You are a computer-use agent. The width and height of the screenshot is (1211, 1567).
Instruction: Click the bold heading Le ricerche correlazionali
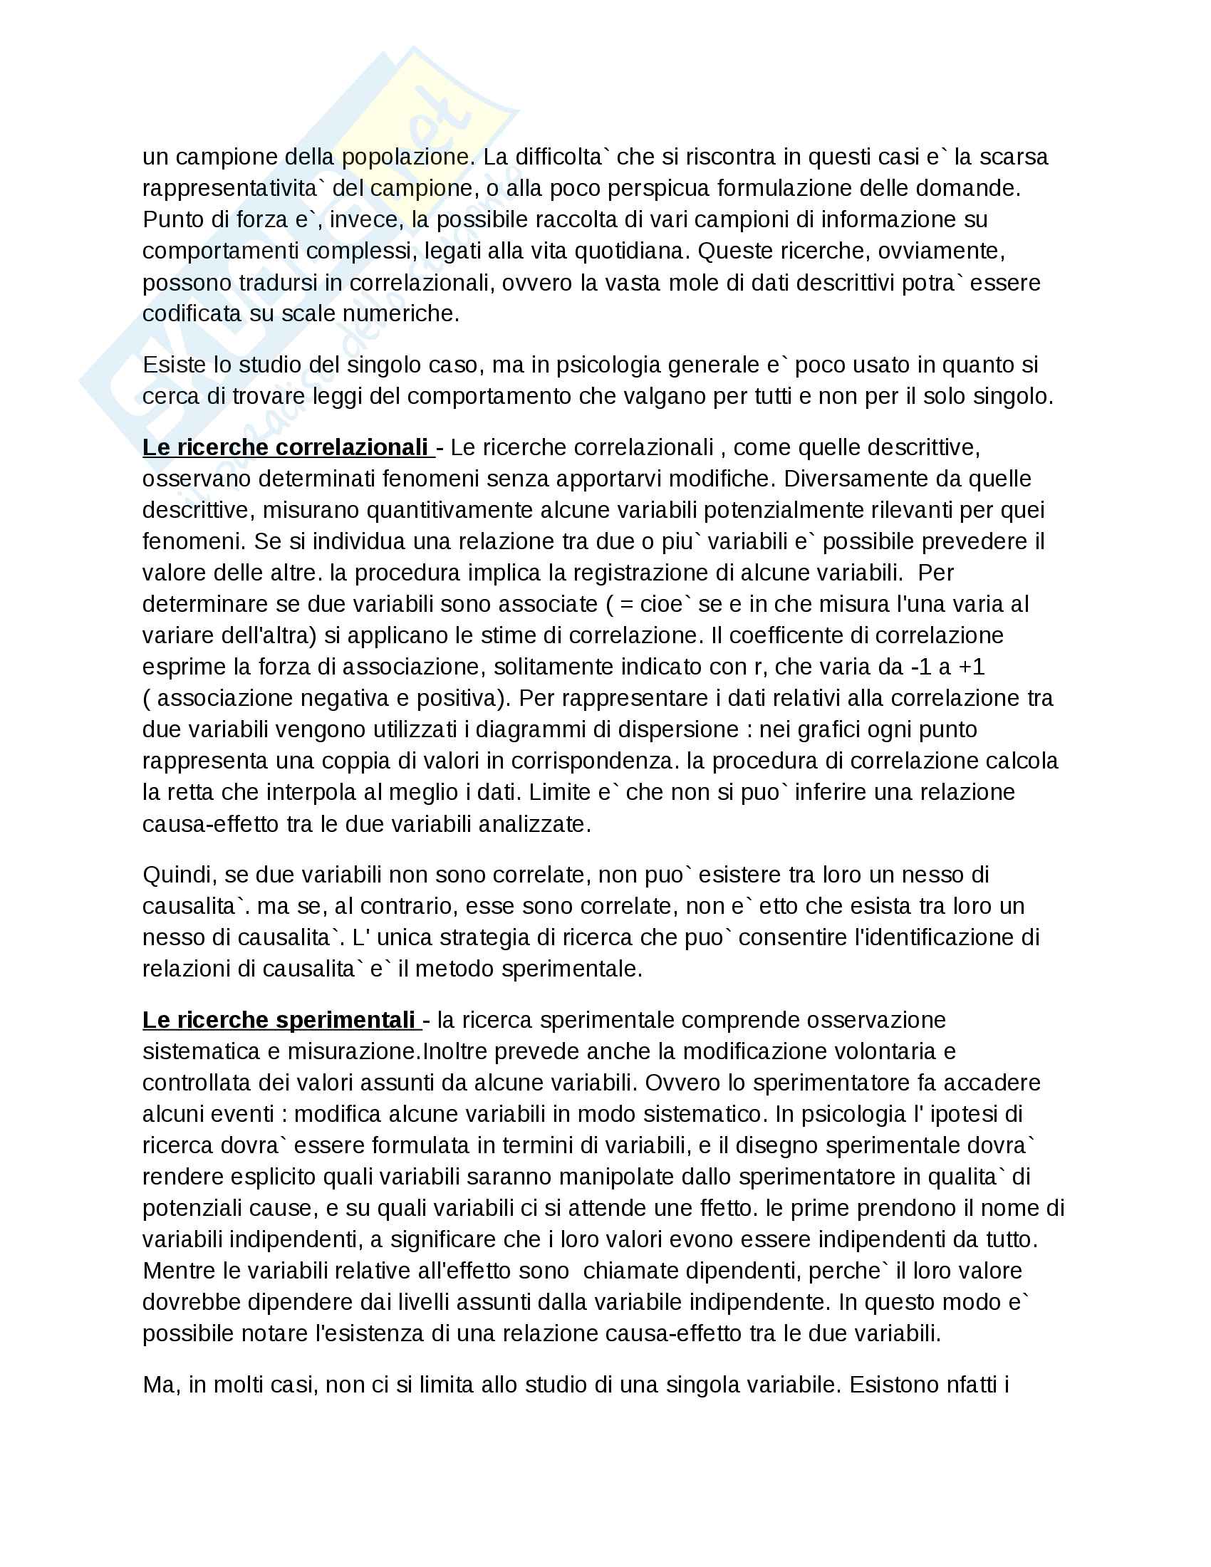point(285,448)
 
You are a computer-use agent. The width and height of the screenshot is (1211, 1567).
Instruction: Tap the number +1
point(972,667)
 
